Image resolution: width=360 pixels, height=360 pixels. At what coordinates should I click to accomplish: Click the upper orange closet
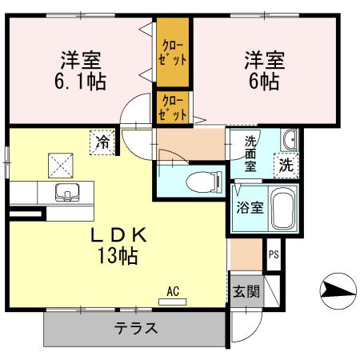click(x=174, y=54)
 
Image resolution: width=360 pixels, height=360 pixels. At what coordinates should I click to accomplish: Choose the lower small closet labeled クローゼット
click(x=173, y=108)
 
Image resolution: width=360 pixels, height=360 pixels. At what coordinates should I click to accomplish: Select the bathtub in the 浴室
click(x=282, y=210)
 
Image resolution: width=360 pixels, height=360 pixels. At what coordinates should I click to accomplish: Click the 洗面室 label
click(x=250, y=154)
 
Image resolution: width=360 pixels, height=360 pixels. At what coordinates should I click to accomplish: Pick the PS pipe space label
click(x=274, y=255)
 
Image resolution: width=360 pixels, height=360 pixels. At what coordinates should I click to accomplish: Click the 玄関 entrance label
click(x=246, y=292)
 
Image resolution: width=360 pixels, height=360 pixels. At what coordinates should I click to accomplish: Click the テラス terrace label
click(x=135, y=328)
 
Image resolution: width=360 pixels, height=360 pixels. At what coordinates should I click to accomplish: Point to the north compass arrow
click(x=337, y=290)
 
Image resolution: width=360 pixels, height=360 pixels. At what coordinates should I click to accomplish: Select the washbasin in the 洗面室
click(x=290, y=142)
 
